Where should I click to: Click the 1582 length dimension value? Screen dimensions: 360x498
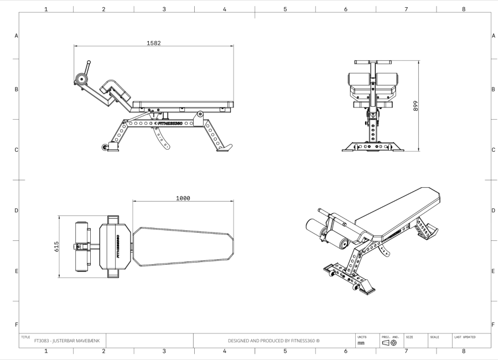pos(154,43)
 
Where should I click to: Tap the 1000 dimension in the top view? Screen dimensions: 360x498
pos(183,198)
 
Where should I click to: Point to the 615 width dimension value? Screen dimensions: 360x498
pos(56,246)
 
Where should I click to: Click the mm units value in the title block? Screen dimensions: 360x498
pos(361,343)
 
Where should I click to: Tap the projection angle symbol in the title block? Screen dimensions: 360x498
pos(389,343)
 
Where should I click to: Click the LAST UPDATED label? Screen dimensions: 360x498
pos(465,336)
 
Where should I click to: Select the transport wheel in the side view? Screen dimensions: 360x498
pos(105,147)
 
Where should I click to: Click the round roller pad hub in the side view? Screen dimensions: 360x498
pos(82,79)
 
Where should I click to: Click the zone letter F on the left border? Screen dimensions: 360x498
pos(15,324)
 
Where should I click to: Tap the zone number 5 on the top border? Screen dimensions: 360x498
pos(285,9)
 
